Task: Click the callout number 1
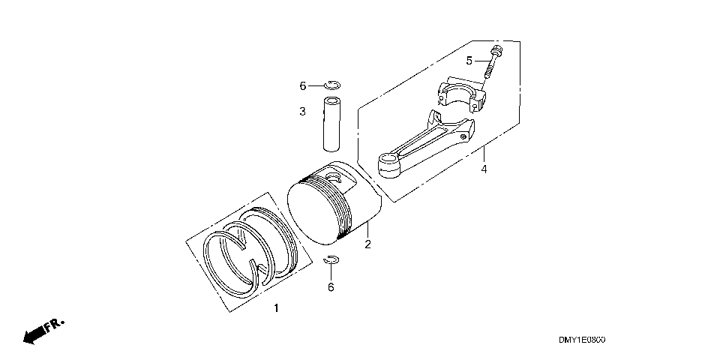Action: click(x=276, y=308)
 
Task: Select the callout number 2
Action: click(x=367, y=244)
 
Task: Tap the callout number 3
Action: click(x=302, y=111)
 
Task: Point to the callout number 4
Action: click(x=484, y=169)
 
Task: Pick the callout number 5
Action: click(x=469, y=61)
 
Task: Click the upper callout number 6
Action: click(x=302, y=85)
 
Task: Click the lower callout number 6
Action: click(x=331, y=287)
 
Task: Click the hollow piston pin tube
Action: click(x=331, y=124)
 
